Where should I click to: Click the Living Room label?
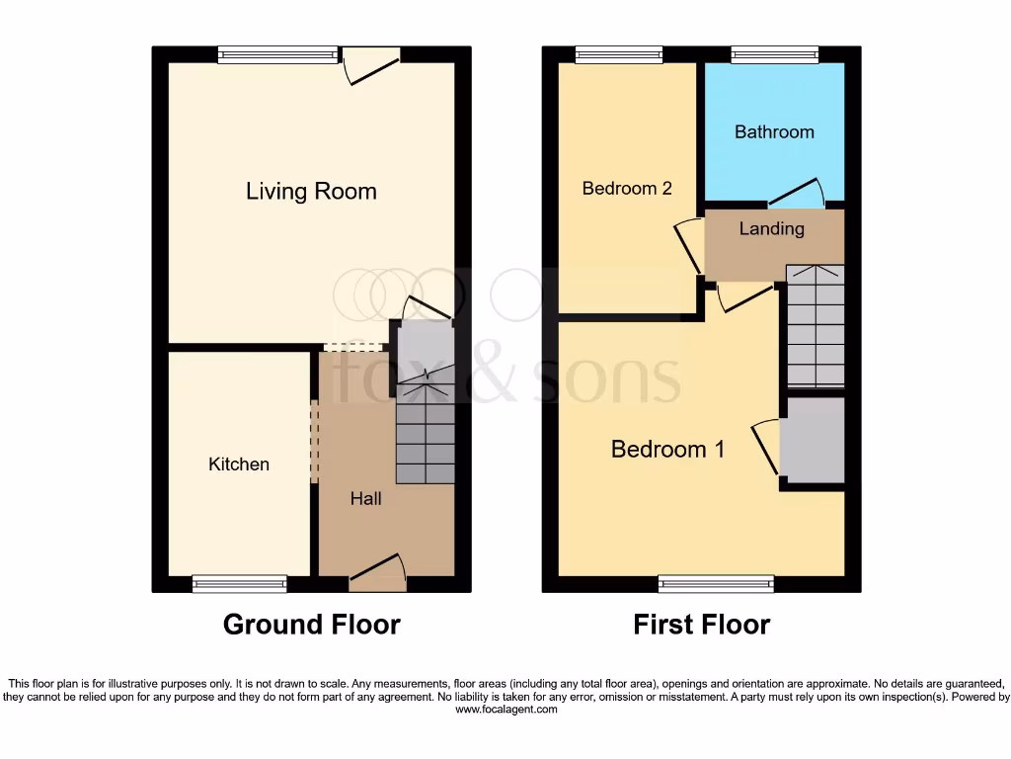coord(311,191)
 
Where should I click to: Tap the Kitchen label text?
coord(239,464)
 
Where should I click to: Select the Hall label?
coord(365,498)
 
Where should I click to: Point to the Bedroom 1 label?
coord(667,449)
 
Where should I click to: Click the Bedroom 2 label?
coord(627,188)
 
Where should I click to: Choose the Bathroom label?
coord(774,131)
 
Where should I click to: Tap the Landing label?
coord(771,228)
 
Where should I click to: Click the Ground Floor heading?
coord(311,625)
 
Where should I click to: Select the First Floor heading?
coord(701,625)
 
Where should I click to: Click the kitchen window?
coord(240,584)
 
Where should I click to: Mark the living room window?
coord(278,55)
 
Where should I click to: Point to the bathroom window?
coord(774,55)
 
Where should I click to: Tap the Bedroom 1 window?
coord(716,584)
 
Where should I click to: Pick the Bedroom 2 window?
coord(619,55)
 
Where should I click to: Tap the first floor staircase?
coord(815,326)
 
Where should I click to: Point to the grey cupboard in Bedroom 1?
coord(813,440)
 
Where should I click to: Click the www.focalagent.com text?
coord(505,709)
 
